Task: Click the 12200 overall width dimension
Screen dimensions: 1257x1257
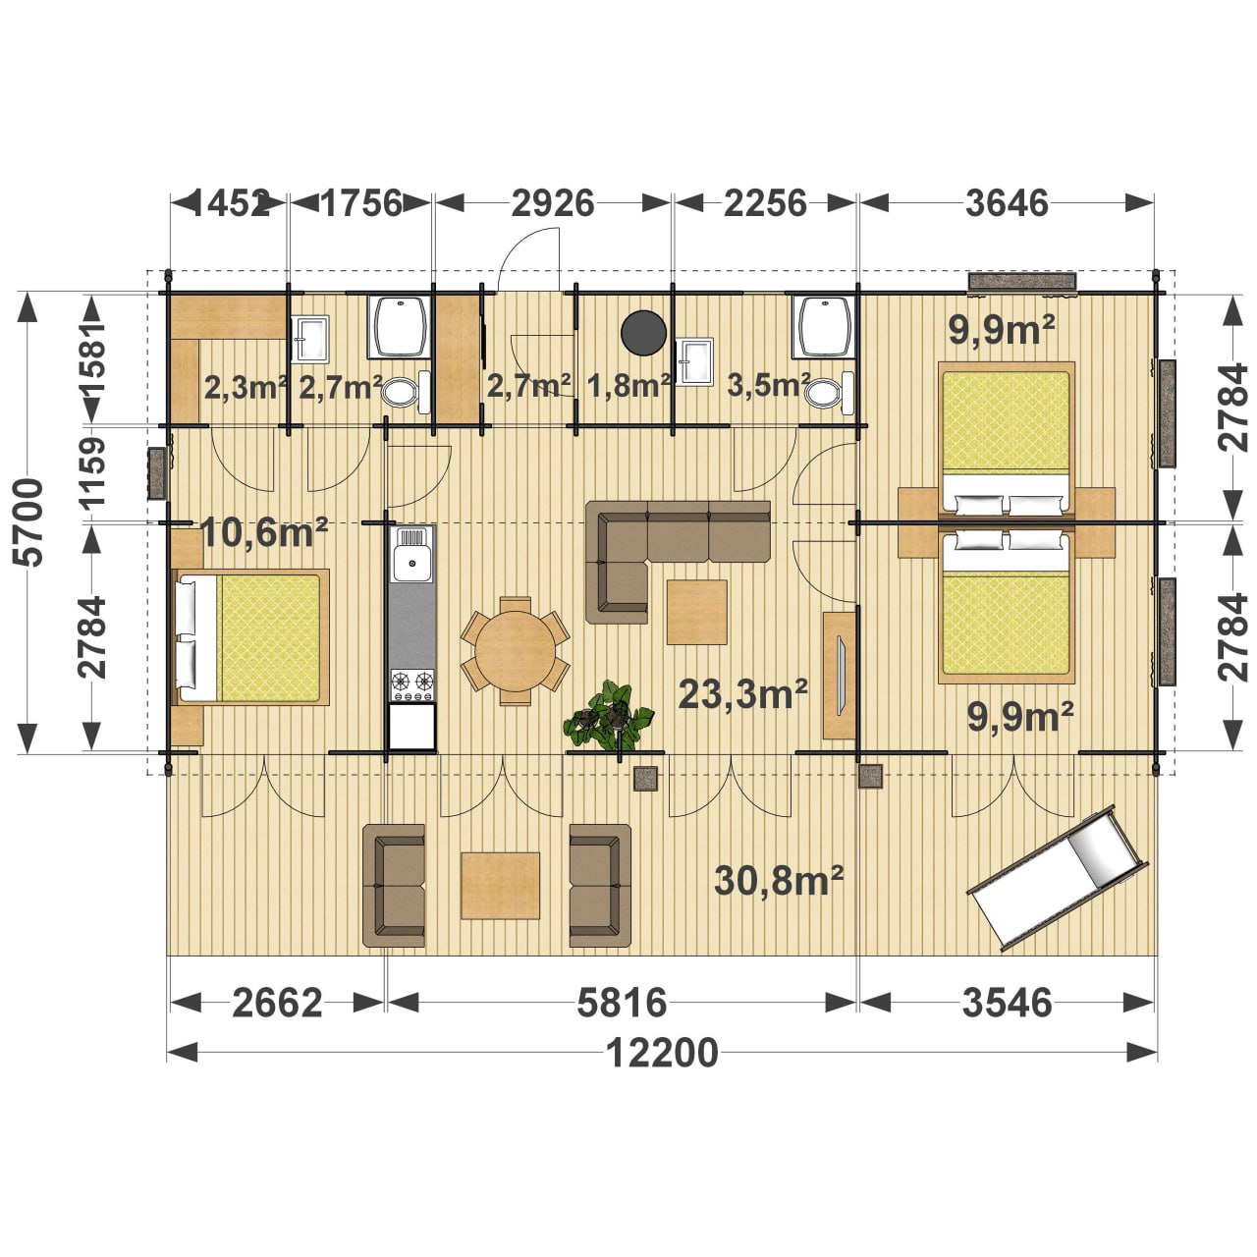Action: (x=662, y=1053)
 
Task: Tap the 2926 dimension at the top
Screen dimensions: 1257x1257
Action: (x=553, y=203)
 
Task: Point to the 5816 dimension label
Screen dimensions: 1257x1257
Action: (x=622, y=1003)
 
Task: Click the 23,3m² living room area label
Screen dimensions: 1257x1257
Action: (x=743, y=692)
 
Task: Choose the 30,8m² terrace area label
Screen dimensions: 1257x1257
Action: (x=779, y=881)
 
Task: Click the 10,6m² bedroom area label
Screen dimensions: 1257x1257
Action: (x=263, y=533)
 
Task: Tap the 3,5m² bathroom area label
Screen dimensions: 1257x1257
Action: (x=768, y=385)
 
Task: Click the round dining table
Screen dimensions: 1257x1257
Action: (x=516, y=650)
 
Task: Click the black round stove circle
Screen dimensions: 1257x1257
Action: (x=643, y=333)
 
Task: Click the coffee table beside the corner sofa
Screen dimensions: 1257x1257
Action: (x=696, y=612)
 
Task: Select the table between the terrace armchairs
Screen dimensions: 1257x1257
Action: (x=500, y=885)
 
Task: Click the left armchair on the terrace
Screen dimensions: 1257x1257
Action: (x=394, y=885)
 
